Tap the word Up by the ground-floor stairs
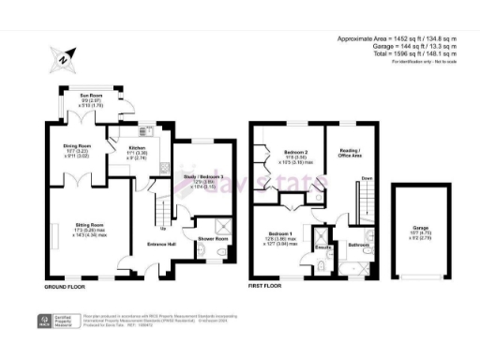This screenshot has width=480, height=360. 165,228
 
